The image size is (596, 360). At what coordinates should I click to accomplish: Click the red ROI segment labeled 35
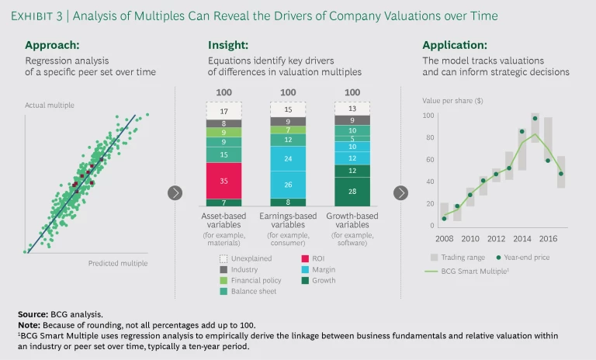tap(224, 180)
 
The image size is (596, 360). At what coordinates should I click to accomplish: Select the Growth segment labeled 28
tap(352, 190)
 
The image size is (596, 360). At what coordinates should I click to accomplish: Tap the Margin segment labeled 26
tap(288, 185)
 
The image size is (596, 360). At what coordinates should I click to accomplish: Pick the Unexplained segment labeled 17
tap(224, 111)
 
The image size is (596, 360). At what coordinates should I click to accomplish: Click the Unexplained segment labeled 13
tap(352, 109)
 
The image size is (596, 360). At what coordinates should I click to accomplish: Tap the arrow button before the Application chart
tap(401, 192)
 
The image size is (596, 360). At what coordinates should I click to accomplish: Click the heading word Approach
tap(54, 45)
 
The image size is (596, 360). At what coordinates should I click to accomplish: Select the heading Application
tap(455, 45)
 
